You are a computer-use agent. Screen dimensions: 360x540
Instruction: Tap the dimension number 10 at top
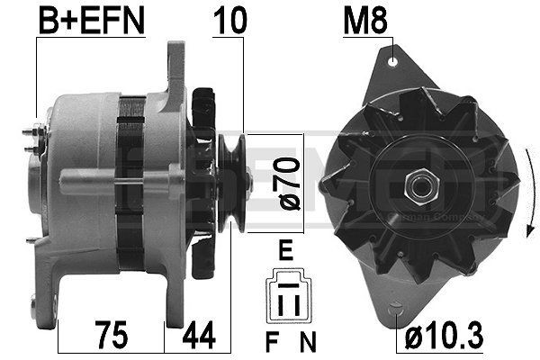click(228, 22)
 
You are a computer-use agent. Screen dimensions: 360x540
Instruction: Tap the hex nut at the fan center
click(419, 187)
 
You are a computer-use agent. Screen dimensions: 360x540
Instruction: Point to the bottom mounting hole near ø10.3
click(397, 310)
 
